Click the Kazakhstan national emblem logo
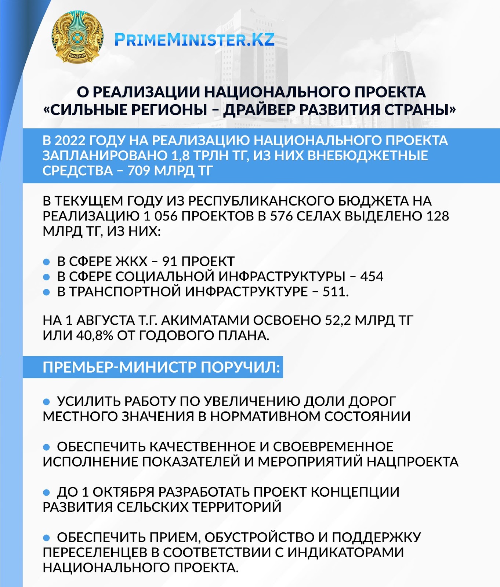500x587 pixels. (77, 37)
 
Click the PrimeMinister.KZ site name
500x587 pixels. (194, 40)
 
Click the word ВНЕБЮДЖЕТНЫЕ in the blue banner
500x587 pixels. (367, 156)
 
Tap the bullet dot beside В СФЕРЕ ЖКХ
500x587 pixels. (47, 262)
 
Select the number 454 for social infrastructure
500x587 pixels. (372, 277)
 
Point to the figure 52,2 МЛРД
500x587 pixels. (338, 320)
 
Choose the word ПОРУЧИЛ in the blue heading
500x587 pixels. (240, 367)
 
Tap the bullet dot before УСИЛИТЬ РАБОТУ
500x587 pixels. (47, 402)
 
